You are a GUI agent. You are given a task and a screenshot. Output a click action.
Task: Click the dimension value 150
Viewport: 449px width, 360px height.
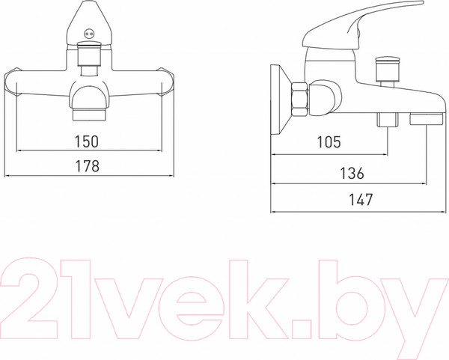pyautogui.click(x=87, y=141)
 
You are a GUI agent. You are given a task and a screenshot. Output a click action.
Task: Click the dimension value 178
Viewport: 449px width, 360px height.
pyautogui.click(x=87, y=166)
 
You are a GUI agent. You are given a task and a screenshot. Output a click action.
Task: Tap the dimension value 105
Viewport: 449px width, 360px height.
pyautogui.click(x=329, y=142)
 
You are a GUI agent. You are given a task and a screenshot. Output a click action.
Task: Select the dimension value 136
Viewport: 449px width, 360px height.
pyautogui.click(x=352, y=174)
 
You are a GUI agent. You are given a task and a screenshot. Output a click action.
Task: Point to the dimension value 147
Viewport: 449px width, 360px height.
pyautogui.click(x=361, y=200)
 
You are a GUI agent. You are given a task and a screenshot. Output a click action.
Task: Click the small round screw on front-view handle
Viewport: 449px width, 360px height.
pyautogui.click(x=88, y=34)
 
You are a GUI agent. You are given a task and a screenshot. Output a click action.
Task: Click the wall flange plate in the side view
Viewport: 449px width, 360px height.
pyautogui.click(x=281, y=100)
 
